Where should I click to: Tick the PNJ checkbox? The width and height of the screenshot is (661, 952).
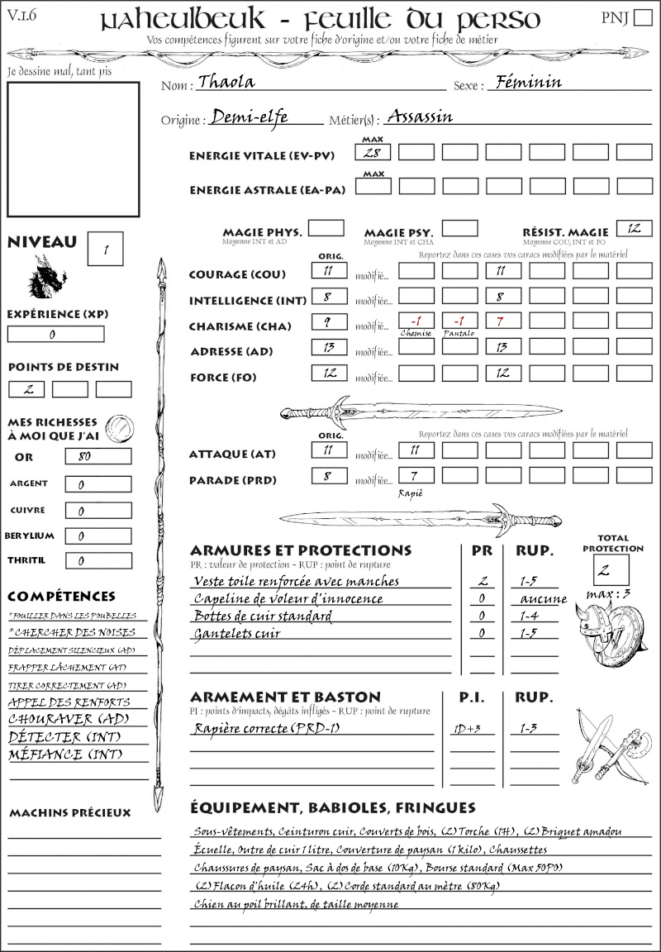click(641, 18)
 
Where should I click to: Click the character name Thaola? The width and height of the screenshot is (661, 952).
click(226, 82)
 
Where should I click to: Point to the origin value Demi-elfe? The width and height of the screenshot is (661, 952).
click(249, 117)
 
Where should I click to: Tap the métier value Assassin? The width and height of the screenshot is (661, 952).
click(420, 117)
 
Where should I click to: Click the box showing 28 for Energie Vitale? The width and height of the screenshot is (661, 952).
click(373, 153)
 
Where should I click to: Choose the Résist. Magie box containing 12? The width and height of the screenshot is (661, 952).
click(634, 228)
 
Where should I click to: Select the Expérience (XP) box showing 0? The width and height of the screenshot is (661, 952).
click(55, 335)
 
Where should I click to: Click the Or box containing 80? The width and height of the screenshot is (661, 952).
click(97, 457)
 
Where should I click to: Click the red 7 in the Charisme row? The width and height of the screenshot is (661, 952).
click(503, 321)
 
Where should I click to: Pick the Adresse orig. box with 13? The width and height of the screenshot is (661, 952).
click(329, 348)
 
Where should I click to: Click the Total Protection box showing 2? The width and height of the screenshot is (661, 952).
click(611, 570)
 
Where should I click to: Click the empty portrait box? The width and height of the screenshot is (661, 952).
click(73, 150)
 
